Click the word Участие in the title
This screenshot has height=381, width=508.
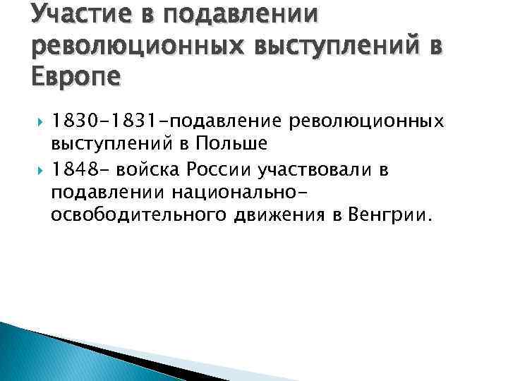(73, 15)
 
